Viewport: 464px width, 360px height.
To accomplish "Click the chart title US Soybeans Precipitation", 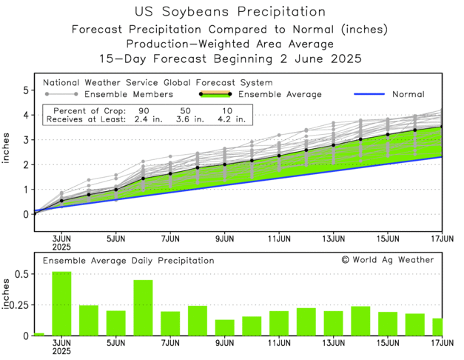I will [x=231, y=12].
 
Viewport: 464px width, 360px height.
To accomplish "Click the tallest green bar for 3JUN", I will [x=61, y=304].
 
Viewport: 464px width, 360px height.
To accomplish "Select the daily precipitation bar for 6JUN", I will [x=143, y=307].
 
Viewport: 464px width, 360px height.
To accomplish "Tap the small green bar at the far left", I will [x=38, y=334].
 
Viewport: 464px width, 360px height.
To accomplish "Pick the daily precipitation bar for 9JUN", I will [x=224, y=327].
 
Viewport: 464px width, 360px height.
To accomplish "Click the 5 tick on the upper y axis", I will [x=25, y=90].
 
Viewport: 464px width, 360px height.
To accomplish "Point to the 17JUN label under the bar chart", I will [x=442, y=343].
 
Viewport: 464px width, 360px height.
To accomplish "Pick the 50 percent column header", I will [x=184, y=110].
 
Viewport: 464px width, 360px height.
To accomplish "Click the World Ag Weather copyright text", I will [x=388, y=260].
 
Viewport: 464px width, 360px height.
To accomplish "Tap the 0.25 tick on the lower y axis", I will [x=19, y=304].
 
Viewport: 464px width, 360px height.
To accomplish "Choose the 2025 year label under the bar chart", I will [x=62, y=352].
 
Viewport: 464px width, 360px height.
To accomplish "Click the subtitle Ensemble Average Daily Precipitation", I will [x=128, y=261].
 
